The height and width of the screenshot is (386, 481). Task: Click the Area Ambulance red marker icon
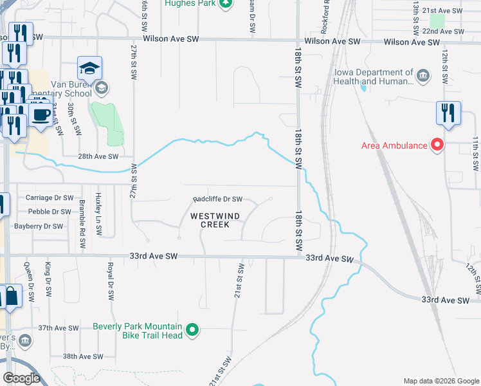pyautogui.click(x=437, y=145)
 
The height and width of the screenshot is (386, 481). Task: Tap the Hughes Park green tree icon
pyautogui.click(x=225, y=4)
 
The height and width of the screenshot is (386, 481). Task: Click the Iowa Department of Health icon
pyautogui.click(x=423, y=77)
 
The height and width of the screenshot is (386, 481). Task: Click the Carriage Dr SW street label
pyautogui.click(x=49, y=198)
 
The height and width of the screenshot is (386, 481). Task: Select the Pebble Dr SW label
pyautogui.click(x=49, y=212)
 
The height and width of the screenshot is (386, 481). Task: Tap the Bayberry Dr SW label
pyautogui.click(x=40, y=226)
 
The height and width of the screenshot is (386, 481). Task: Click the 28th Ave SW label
pyautogui.click(x=98, y=156)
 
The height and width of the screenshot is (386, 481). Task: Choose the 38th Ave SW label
pyautogui.click(x=83, y=356)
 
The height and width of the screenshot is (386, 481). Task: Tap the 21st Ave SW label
pyautogui.click(x=447, y=12)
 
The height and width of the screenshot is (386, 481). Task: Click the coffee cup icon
pyautogui.click(x=42, y=116)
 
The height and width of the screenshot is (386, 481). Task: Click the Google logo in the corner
pyautogui.click(x=21, y=378)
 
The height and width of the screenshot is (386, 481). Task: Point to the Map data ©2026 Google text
pyautogui.click(x=440, y=381)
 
